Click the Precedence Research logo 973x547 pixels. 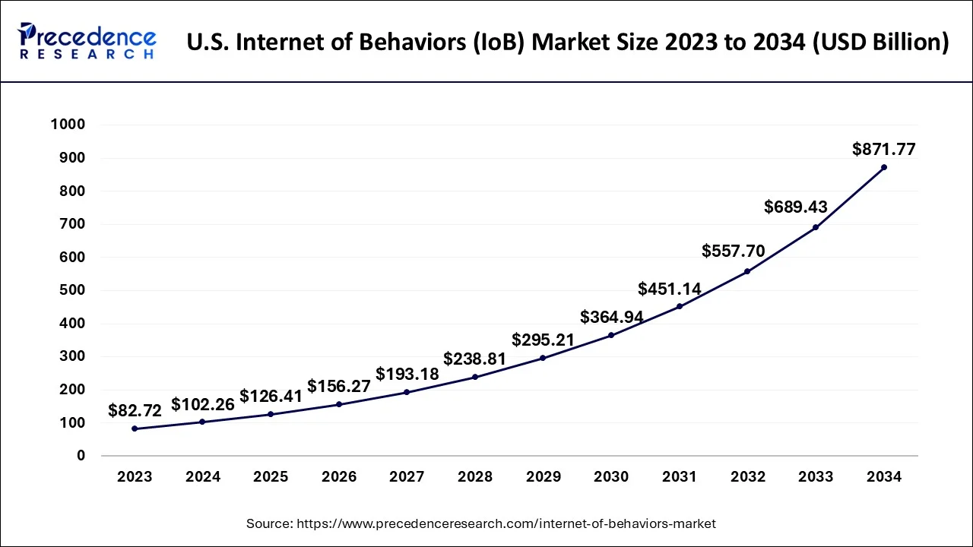tap(87, 42)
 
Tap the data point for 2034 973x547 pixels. tap(883, 167)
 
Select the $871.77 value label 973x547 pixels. tap(883, 150)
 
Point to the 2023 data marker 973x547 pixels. tap(135, 428)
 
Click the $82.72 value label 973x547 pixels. tap(135, 411)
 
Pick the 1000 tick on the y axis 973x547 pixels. tap(68, 125)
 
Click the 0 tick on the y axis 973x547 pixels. tap(80, 456)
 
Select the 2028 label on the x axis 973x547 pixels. tap(475, 477)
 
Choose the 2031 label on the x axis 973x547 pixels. tap(679, 477)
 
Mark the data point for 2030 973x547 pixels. tap(611, 335)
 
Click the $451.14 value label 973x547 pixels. tap(669, 289)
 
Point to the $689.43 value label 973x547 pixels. tap(795, 207)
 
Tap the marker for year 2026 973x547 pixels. tap(339, 404)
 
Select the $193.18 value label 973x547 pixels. tap(407, 375)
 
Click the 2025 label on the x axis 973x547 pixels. tap(271, 477)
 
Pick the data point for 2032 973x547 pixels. tap(747, 271)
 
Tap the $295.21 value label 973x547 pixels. tap(543, 340)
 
